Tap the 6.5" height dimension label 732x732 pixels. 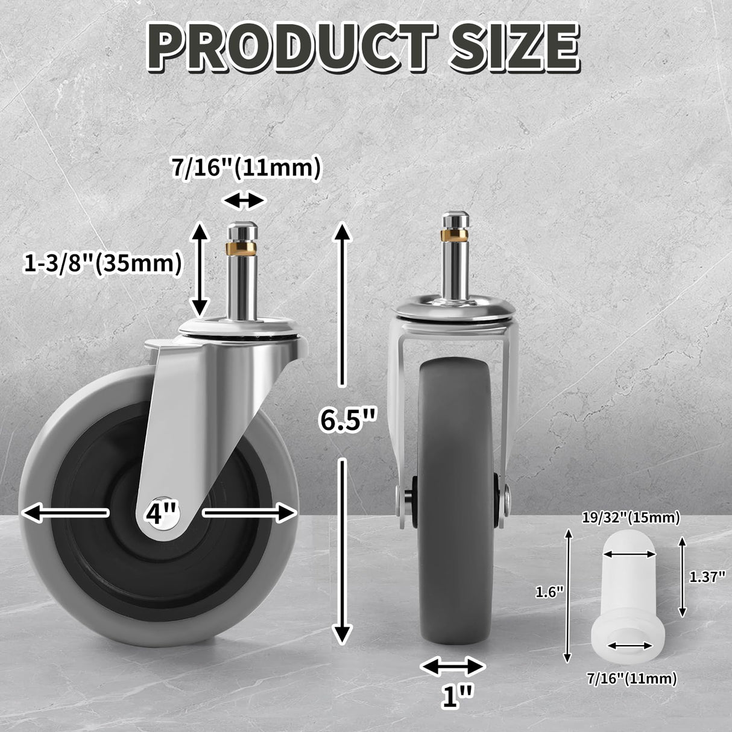click(x=348, y=420)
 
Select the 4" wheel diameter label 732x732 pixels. click(x=161, y=514)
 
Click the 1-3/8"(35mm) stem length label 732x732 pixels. click(x=103, y=263)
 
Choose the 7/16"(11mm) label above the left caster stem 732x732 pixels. click(x=245, y=168)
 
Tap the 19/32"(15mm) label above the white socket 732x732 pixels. click(x=631, y=517)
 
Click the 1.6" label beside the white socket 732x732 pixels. click(x=549, y=592)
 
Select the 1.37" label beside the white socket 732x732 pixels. click(x=706, y=577)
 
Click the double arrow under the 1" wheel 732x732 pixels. click(x=452, y=666)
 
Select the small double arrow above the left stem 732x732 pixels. click(x=244, y=201)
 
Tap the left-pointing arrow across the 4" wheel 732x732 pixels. click(x=65, y=513)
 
